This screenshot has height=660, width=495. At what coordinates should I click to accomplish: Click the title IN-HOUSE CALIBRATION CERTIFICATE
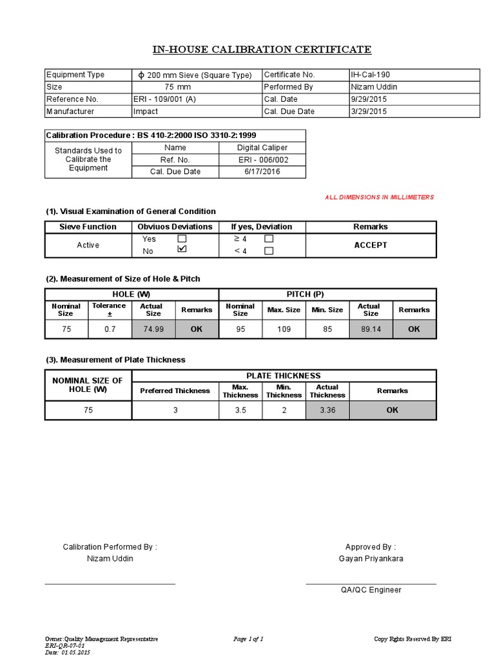tap(262, 50)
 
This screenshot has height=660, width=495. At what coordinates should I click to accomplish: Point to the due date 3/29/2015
tap(369, 112)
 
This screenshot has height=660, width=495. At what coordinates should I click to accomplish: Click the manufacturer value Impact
tap(145, 112)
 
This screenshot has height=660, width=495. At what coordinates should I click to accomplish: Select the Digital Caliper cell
tap(262, 148)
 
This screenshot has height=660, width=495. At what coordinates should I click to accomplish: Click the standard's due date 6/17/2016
tap(262, 171)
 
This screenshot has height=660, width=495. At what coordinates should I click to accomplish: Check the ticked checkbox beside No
tap(182, 249)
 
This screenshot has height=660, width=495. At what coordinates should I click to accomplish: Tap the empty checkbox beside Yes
tap(182, 238)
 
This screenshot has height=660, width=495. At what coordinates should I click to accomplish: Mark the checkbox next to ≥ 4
tap(269, 238)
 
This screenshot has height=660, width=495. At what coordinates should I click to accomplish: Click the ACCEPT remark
tap(371, 245)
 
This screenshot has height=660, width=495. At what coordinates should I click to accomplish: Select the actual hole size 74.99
tap(153, 329)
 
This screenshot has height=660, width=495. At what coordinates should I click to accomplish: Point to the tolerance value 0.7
tap(109, 329)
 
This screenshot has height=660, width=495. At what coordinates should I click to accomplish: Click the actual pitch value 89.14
tap(371, 329)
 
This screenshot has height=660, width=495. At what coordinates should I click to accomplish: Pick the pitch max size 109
tap(284, 329)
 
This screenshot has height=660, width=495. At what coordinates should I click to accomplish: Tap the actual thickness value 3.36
tap(327, 410)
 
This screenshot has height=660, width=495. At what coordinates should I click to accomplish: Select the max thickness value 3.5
tap(240, 410)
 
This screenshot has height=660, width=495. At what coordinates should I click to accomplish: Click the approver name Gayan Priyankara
tap(371, 558)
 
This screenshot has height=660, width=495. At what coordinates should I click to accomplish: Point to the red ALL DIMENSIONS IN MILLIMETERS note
tap(380, 197)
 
